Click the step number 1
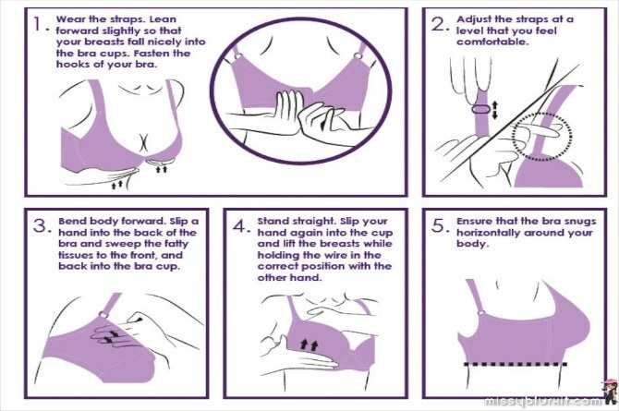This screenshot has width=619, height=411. (38, 24)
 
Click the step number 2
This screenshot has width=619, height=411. (438, 24)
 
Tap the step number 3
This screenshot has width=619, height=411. (41, 226)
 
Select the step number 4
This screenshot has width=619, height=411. (239, 226)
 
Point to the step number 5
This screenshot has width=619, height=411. (439, 226)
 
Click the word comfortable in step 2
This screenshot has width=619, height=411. (492, 42)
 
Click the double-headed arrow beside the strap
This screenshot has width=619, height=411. (495, 109)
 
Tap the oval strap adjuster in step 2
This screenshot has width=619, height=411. (480, 109)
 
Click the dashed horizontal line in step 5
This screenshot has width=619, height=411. (516, 364)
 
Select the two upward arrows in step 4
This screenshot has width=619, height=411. (309, 345)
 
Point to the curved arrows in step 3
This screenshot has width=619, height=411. (111, 337)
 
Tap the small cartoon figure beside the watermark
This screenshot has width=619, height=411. (609, 392)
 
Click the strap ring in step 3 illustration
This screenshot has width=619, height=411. (103, 315)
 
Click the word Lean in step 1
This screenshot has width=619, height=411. (163, 19)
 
